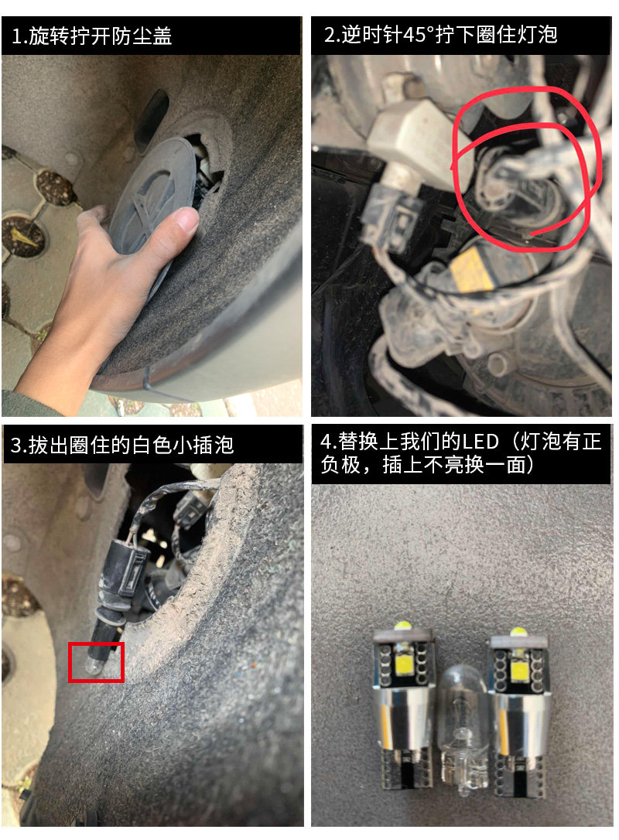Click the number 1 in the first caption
(x=17, y=37)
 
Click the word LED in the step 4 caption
(x=480, y=442)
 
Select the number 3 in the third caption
(x=16, y=446)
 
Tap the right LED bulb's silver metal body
(x=517, y=721)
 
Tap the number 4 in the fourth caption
(x=326, y=442)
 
